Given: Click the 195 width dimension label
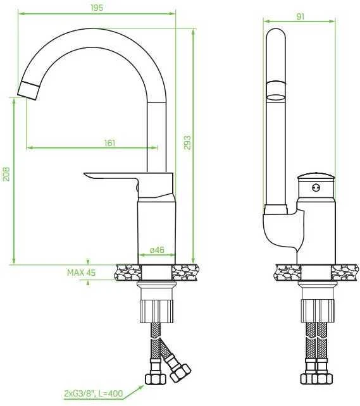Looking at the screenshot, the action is pos(97,8).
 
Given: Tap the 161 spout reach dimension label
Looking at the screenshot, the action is pos(109,143).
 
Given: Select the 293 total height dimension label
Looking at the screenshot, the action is pos(187,142).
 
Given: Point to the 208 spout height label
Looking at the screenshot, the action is pos(6,174).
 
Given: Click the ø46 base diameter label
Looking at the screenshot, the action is pos(157,250).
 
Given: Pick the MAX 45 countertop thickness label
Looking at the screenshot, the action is pos(82,273).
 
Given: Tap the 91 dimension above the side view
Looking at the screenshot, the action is pos(300,16).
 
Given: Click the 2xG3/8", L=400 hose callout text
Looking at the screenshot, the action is pos(93,393).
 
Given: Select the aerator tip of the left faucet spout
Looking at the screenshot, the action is pos(28,90).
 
